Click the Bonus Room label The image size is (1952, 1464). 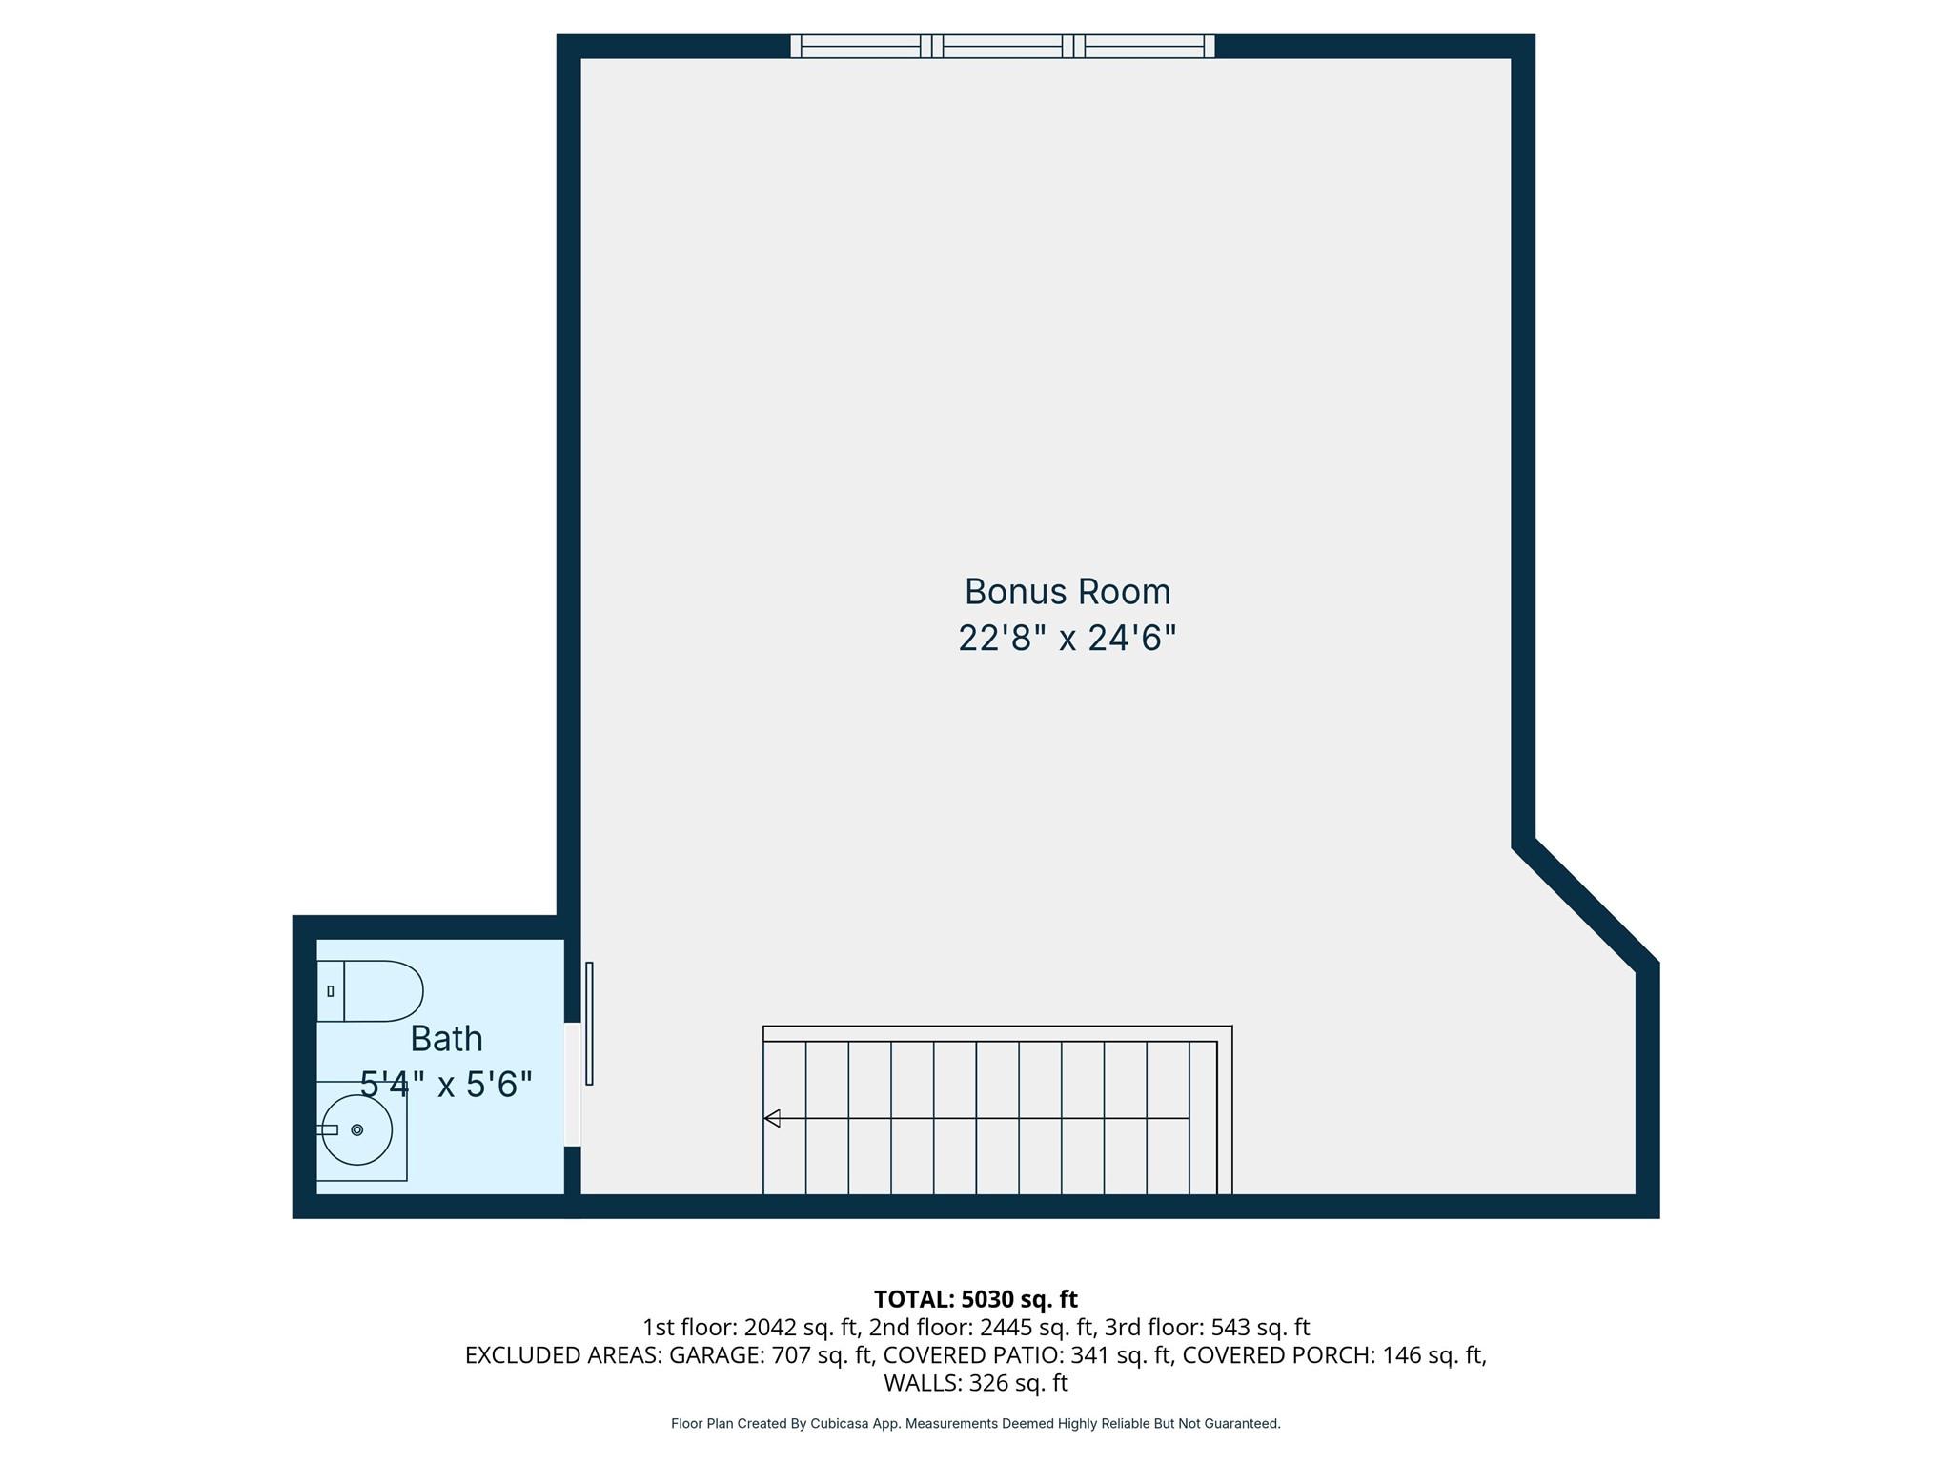1067,592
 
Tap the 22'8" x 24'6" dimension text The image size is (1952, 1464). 1067,638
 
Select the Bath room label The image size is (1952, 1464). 446,1038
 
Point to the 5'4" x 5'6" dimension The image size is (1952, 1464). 446,1084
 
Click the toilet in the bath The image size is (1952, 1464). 381,991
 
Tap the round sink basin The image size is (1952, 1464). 357,1130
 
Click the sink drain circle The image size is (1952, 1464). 357,1130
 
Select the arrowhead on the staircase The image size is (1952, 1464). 772,1118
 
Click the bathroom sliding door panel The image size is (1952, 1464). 589,1023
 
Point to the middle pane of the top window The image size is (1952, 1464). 1003,46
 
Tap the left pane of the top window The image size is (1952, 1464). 860,46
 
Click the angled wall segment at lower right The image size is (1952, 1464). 1586,903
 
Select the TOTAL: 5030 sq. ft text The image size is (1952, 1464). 975,1299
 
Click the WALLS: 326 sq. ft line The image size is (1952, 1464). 975,1382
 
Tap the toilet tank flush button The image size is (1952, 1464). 330,991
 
